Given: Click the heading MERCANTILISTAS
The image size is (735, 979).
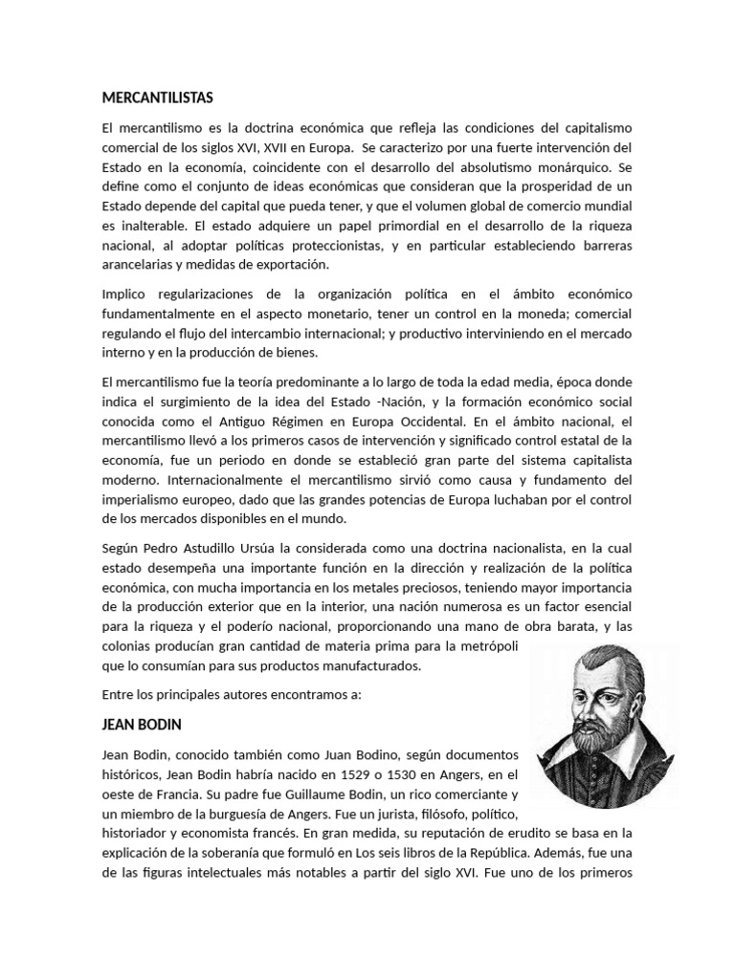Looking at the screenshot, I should [158, 98].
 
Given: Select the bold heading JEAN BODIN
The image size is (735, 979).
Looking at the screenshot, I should [141, 725].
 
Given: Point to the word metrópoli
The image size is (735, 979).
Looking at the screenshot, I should [482, 647].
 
